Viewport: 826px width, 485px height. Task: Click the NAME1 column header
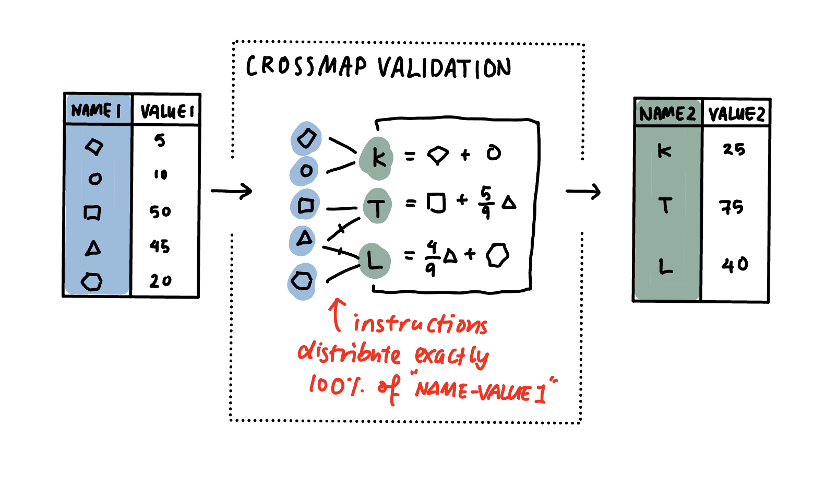click(97, 110)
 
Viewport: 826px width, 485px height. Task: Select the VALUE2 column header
click(736, 114)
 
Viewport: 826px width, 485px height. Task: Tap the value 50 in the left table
click(160, 211)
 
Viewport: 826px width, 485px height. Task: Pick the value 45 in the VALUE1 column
click(160, 246)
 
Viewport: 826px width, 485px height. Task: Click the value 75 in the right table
click(732, 207)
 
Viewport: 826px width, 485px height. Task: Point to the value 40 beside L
click(735, 265)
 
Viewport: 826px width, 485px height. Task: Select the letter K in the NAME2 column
click(664, 151)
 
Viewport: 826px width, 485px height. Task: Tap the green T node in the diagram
click(377, 207)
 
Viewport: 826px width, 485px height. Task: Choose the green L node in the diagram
click(375, 260)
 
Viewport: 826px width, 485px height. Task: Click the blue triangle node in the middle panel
click(304, 239)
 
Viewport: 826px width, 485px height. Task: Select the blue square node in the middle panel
click(305, 205)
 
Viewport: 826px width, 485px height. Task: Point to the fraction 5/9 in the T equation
click(486, 203)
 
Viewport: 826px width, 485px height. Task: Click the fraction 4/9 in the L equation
click(430, 257)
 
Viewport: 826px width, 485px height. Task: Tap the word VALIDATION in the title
click(444, 68)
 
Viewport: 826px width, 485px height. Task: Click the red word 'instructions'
click(420, 324)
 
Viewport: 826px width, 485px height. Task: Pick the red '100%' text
click(336, 385)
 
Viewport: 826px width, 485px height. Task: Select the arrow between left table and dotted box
click(232, 191)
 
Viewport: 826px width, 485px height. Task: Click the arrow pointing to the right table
click(583, 192)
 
